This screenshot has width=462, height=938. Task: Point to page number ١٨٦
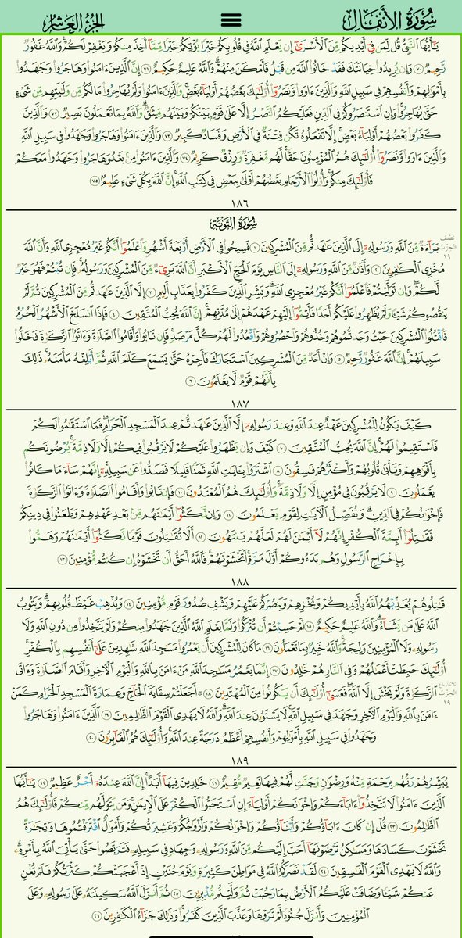point(231,202)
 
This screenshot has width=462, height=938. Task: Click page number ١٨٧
point(231,403)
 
